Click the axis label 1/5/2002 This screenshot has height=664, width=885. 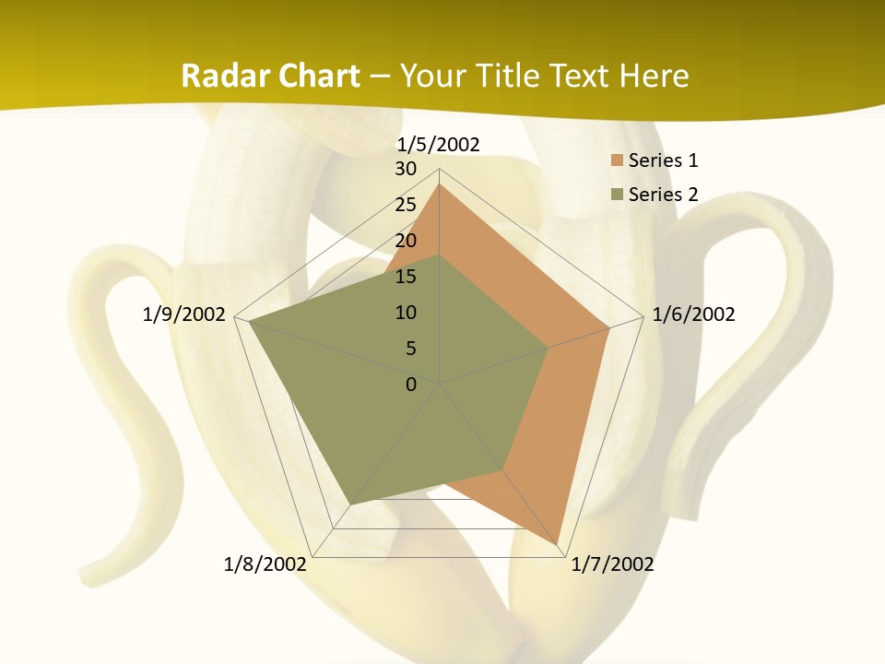coord(438,144)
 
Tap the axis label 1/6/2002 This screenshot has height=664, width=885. coord(693,314)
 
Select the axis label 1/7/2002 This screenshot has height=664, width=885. coord(612,564)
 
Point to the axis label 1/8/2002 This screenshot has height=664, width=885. coord(265,564)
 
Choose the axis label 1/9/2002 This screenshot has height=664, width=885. coord(183,314)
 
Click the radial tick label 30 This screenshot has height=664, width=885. coord(406,169)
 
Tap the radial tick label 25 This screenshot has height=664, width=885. coord(406,205)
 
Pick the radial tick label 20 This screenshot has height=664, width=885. coord(406,241)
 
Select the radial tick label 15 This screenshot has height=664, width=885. coord(406,277)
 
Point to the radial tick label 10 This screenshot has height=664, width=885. coord(406,313)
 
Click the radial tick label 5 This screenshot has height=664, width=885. coord(410,349)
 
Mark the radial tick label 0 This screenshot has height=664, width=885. coord(411,385)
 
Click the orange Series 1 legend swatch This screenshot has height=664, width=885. coord(617,160)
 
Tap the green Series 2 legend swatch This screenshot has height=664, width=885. coord(617,194)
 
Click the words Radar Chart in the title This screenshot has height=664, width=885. coord(270,76)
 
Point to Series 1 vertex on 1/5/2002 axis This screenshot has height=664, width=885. coord(439,184)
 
